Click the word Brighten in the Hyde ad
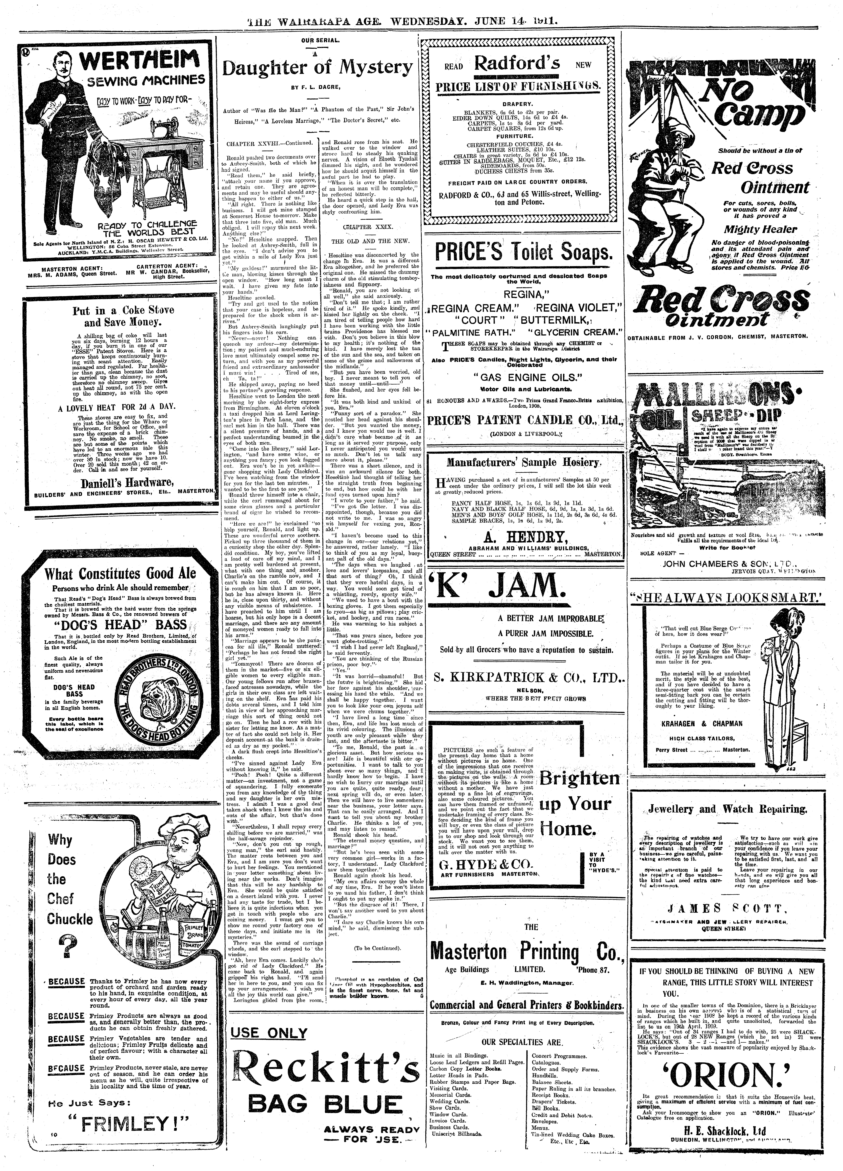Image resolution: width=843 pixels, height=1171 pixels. tap(579, 779)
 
